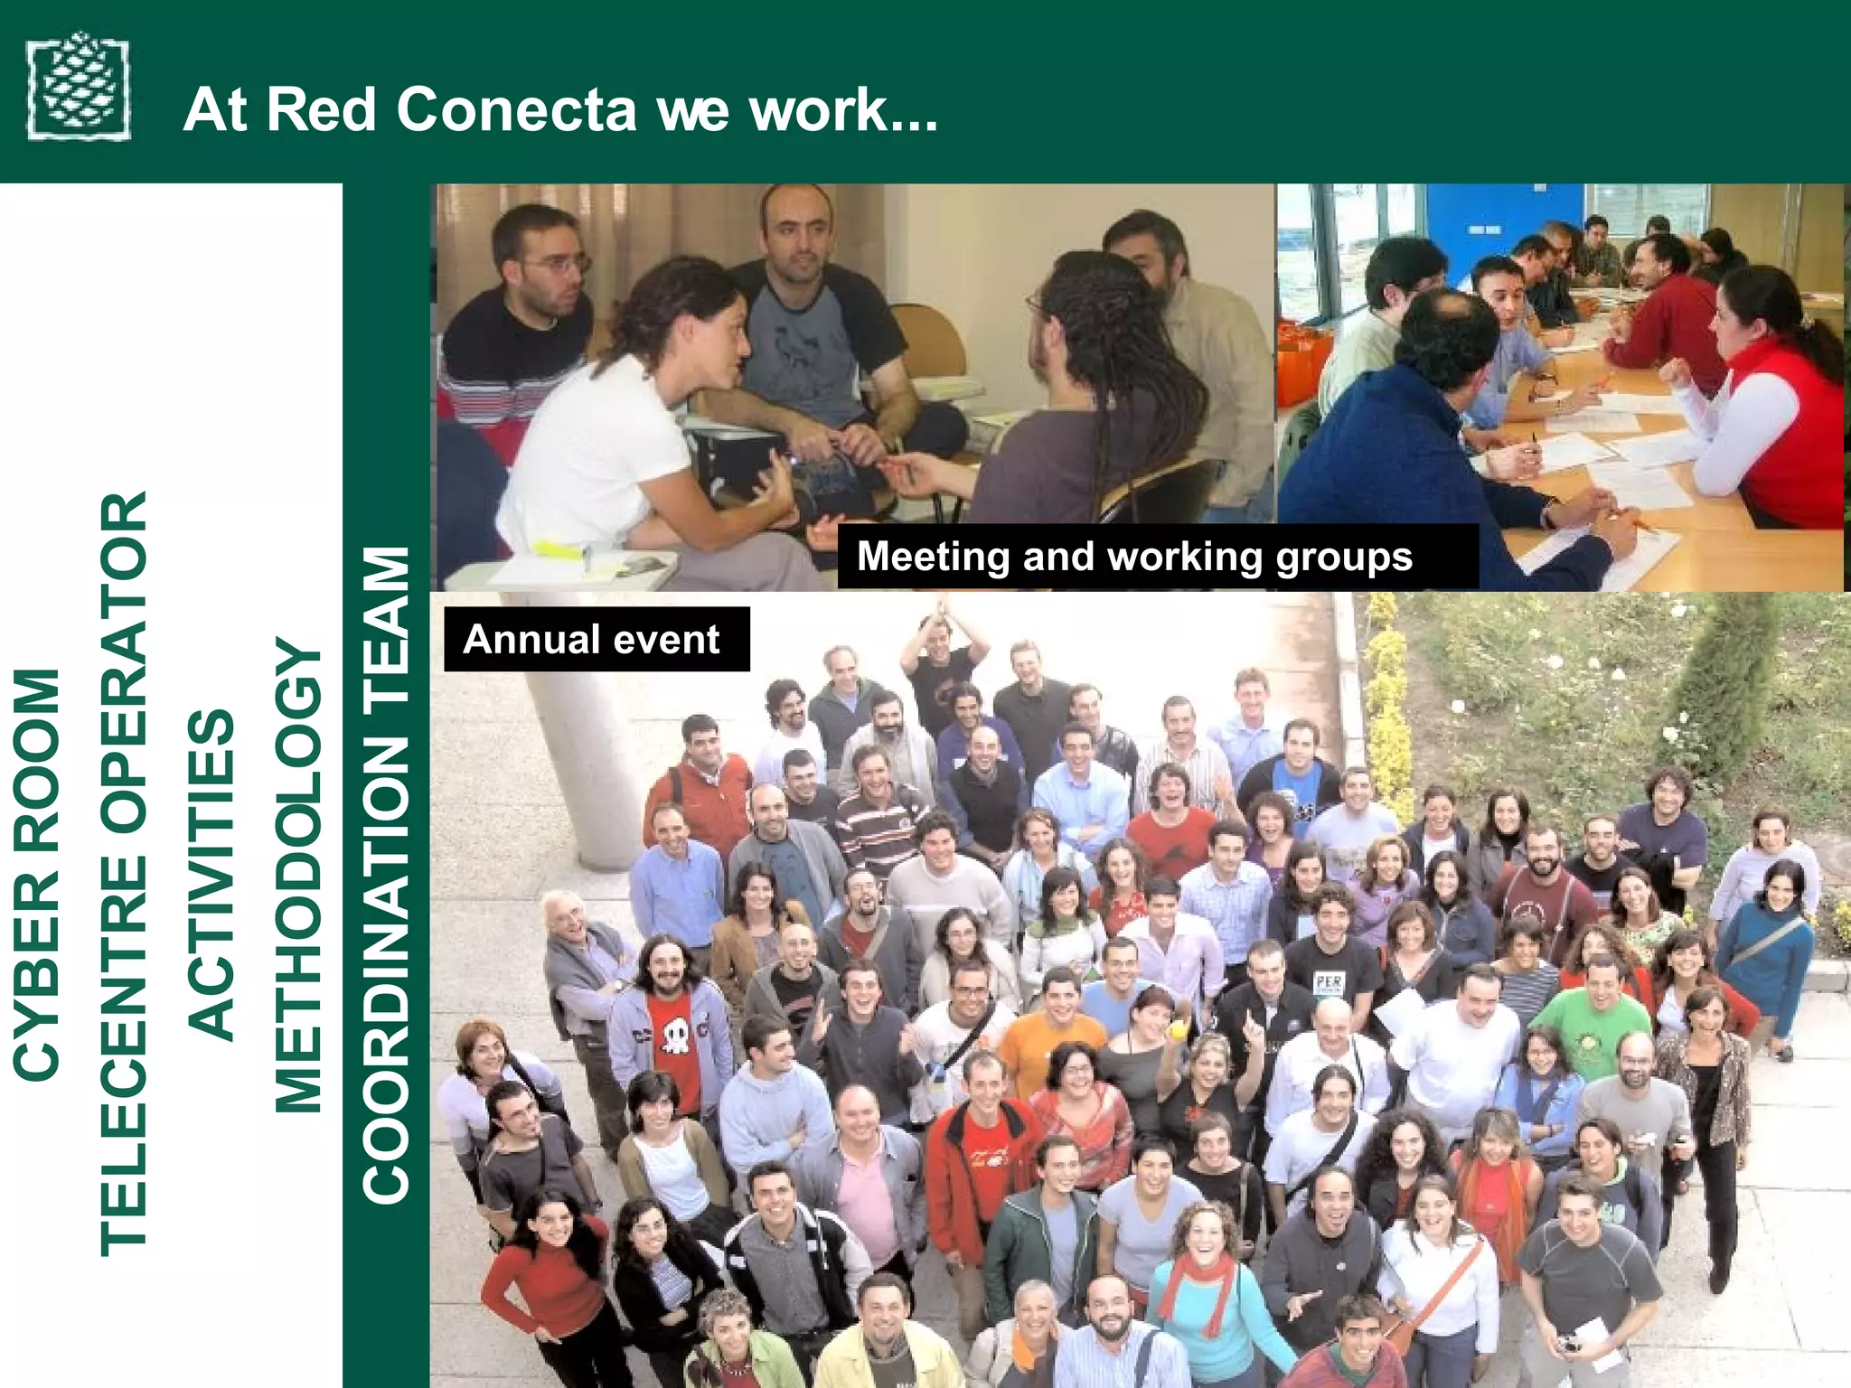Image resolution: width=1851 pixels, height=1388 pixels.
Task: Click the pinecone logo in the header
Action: (x=79, y=88)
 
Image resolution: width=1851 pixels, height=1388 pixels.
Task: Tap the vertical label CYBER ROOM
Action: (x=37, y=874)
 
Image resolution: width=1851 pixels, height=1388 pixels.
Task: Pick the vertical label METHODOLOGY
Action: (x=298, y=875)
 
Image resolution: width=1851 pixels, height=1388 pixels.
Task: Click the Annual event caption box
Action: (x=596, y=639)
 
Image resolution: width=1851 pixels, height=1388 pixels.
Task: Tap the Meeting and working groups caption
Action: (x=1134, y=557)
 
